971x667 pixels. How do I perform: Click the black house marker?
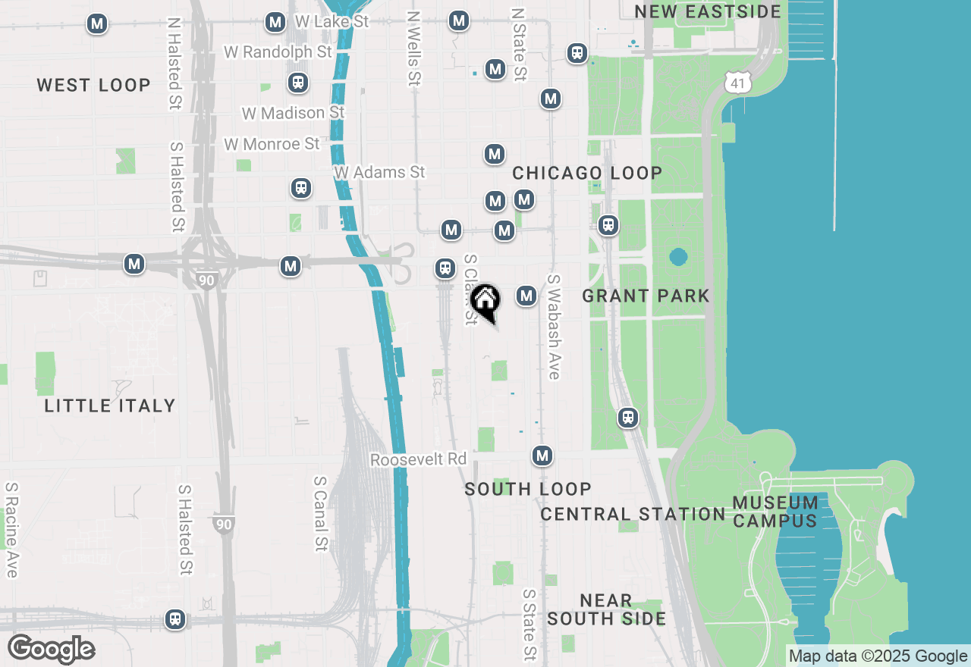pyautogui.click(x=485, y=301)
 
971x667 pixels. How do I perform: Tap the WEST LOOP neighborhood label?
pyautogui.click(x=94, y=85)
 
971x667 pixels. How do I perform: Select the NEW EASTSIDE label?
pyautogui.click(x=708, y=11)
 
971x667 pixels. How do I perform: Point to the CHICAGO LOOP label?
pyautogui.click(x=587, y=173)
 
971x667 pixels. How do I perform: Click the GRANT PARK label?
pyautogui.click(x=646, y=296)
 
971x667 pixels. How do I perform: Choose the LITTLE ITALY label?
pyautogui.click(x=110, y=406)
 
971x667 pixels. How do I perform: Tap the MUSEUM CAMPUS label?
pyautogui.click(x=775, y=512)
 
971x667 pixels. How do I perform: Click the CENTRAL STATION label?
pyautogui.click(x=633, y=514)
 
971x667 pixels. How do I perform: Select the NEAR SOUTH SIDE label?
pyautogui.click(x=606, y=609)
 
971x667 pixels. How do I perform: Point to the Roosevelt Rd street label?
pyautogui.click(x=418, y=460)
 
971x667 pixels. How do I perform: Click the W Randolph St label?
pyautogui.click(x=278, y=52)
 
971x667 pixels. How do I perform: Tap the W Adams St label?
pyautogui.click(x=379, y=172)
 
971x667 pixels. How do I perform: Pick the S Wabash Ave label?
pyautogui.click(x=553, y=327)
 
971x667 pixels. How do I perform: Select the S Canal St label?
pyautogui.click(x=321, y=513)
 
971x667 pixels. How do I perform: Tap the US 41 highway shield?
pyautogui.click(x=738, y=83)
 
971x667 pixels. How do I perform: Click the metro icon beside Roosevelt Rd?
pyautogui.click(x=542, y=456)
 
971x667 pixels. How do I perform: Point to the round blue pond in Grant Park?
pyautogui.click(x=679, y=257)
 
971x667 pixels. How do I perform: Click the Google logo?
pyautogui.click(x=51, y=649)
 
